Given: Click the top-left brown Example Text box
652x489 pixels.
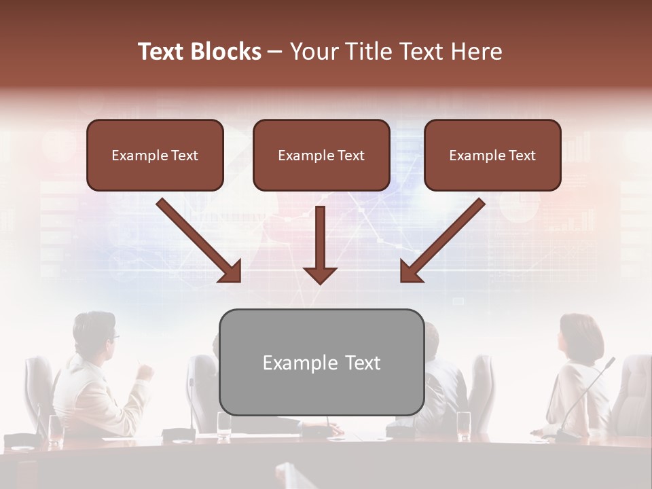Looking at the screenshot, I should (155, 155).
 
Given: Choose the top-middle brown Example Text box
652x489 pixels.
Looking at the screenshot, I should (321, 155).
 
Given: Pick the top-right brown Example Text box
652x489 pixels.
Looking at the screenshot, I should (492, 155).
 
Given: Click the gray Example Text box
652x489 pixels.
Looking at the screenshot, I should (321, 362).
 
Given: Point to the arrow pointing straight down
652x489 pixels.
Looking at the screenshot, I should (320, 244).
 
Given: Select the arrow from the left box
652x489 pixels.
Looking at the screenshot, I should (200, 240).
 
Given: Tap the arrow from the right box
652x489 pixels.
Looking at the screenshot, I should (441, 240).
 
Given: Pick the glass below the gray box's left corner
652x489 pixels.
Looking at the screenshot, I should (224, 425).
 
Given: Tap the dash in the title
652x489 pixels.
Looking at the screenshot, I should (275, 52).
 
